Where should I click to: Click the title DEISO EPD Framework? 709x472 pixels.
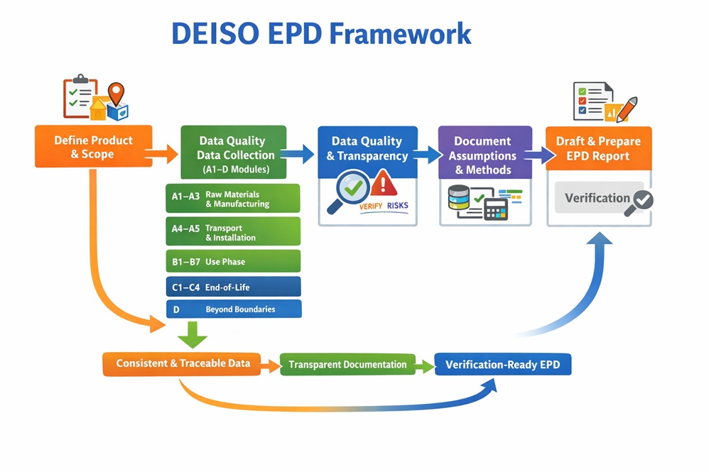(321, 33)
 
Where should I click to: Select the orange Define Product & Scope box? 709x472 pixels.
(93, 147)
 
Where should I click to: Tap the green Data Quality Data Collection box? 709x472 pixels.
(234, 153)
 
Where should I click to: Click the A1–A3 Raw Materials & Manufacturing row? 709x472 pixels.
(232, 199)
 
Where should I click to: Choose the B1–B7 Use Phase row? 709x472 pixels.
(232, 261)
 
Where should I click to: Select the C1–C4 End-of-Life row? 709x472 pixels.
(232, 287)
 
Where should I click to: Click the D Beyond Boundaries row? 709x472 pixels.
(232, 309)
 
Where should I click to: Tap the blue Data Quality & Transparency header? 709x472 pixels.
(367, 148)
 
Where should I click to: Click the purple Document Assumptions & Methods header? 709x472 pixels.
(484, 155)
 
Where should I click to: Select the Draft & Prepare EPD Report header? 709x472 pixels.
(598, 148)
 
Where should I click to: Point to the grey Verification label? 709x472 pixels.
(597, 198)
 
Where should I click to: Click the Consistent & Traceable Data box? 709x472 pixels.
(183, 363)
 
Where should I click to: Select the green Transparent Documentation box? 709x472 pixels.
(347, 365)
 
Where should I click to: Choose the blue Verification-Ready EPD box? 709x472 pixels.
(502, 365)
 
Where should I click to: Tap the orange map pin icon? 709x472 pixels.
(116, 93)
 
